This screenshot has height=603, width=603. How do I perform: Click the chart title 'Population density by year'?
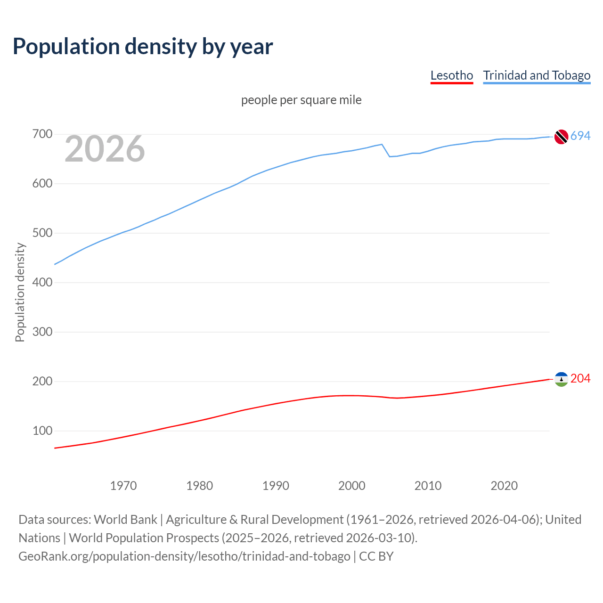click(143, 46)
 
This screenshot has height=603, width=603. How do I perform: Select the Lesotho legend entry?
click(451, 75)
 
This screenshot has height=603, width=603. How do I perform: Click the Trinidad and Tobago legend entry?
click(537, 75)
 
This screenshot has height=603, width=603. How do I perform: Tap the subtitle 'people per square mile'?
click(301, 100)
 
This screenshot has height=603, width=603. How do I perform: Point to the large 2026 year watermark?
click(105, 149)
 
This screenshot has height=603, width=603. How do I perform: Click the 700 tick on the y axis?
click(42, 134)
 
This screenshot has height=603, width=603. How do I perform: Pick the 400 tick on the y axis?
click(42, 283)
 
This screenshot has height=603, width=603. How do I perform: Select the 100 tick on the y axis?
click(42, 431)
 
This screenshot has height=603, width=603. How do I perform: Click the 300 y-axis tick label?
click(42, 332)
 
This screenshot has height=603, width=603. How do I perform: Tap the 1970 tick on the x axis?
click(123, 486)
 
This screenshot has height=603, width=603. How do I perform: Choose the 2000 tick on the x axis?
click(352, 486)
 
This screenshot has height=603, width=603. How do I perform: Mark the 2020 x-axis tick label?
click(504, 486)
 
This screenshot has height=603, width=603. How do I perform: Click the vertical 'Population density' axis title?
click(20, 292)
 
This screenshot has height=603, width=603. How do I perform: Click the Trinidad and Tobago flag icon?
click(561, 137)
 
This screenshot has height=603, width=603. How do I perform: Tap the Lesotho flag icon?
click(561, 379)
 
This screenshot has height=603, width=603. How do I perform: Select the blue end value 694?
click(580, 136)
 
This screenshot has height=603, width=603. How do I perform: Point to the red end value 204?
click(580, 379)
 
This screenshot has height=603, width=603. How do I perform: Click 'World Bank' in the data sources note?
click(125, 520)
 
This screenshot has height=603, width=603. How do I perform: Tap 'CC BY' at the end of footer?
click(376, 556)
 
